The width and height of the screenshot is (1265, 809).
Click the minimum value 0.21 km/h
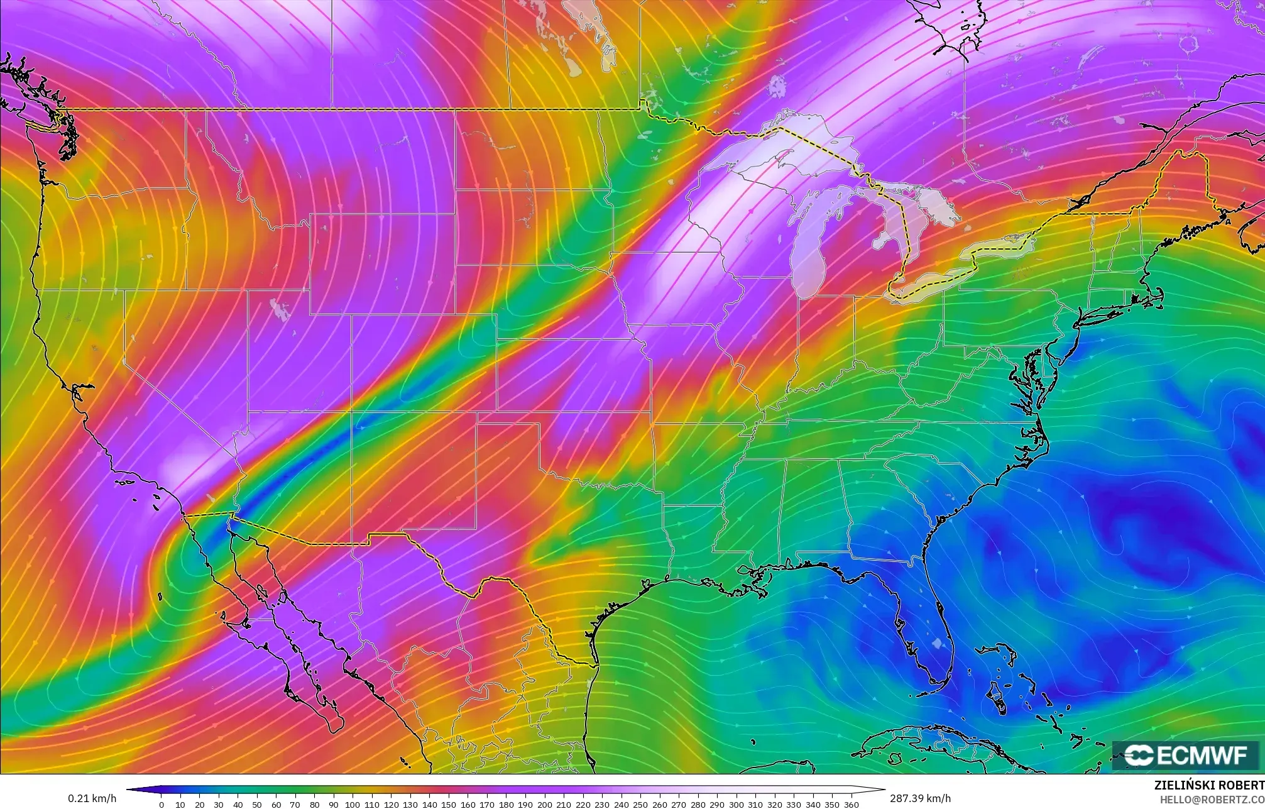pos(92,798)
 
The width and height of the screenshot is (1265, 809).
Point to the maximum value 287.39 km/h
pos(920,798)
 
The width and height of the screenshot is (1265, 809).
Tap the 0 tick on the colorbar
pos(162,804)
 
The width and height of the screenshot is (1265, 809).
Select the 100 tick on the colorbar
pos(353,804)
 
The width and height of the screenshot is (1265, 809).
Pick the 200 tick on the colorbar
pos(545,804)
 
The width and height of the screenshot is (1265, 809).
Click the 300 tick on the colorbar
pos(737,804)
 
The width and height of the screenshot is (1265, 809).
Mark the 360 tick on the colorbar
pos(851,804)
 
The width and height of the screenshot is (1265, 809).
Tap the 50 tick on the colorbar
pos(257,804)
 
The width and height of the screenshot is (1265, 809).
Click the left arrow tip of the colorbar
pos(128,790)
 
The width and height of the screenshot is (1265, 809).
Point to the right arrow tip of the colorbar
pos(884,790)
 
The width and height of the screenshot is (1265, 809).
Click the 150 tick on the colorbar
pos(449,804)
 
